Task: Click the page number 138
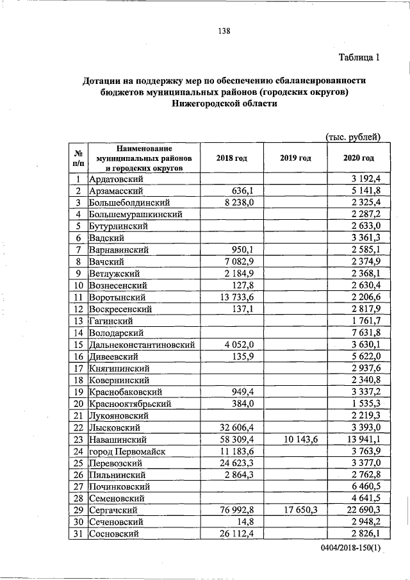tap(223, 31)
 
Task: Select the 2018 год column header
tap(231, 158)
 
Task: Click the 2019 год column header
tap(295, 158)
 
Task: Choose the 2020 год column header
tap(358, 158)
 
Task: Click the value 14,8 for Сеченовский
tap(246, 522)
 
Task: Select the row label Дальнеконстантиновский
tap(142, 345)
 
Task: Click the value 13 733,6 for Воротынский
tap(237, 297)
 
